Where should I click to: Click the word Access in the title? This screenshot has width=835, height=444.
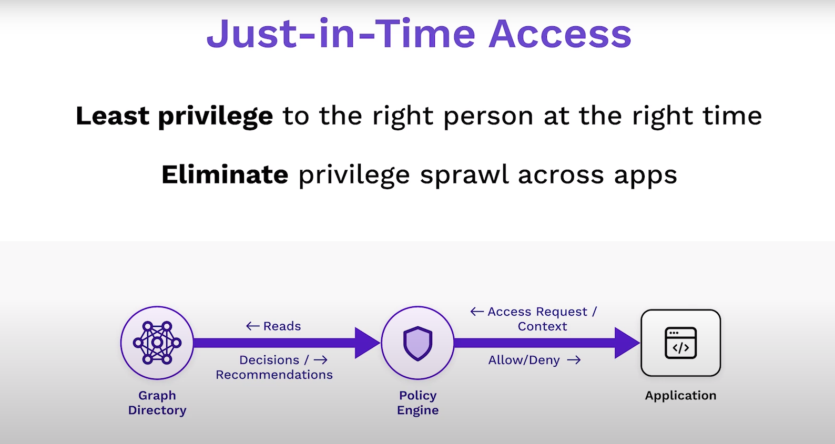point(560,34)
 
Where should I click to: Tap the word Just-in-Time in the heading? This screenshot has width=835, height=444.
point(341,34)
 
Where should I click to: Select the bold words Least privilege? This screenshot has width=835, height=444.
point(174,117)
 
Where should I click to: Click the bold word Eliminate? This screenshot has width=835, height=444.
point(225,174)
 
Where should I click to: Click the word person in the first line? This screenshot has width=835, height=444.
point(488,117)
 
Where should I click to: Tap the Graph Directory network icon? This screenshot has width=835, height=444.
point(157,342)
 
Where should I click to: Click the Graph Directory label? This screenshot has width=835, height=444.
point(157,402)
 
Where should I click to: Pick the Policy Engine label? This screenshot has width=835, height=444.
point(417,402)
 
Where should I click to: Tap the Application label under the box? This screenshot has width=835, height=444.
point(681,396)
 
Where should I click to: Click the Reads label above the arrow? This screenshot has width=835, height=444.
point(282,326)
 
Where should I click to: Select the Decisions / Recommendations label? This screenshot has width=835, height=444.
point(274,367)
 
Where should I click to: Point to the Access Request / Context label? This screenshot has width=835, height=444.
point(542,319)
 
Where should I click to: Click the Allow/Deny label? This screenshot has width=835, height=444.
point(524,360)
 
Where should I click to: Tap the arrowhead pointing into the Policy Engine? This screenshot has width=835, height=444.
point(367,343)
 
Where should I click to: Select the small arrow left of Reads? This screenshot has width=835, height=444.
point(253,326)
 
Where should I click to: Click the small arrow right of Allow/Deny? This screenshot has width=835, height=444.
point(574,360)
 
